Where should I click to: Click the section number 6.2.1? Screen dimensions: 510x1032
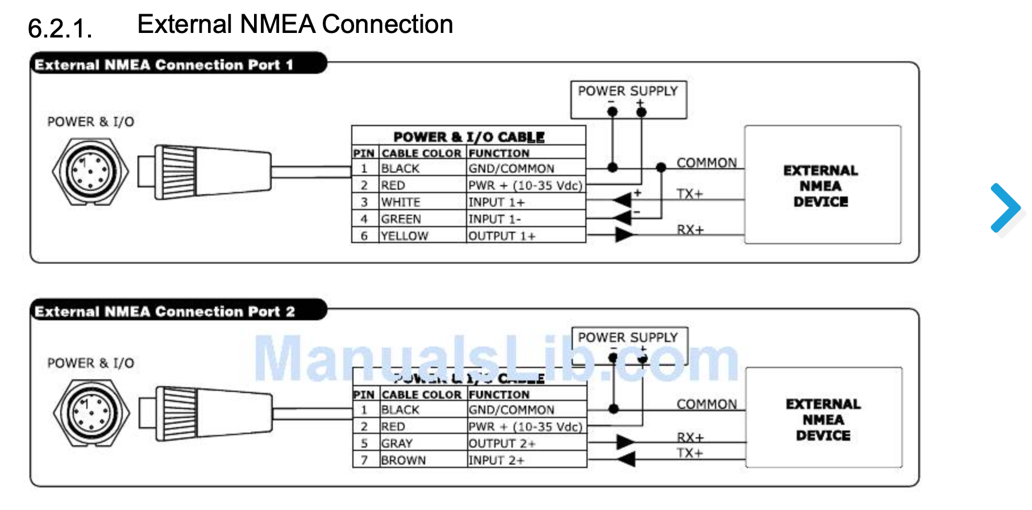[x=60, y=28]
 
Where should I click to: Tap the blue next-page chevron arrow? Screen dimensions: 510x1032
[x=1005, y=208]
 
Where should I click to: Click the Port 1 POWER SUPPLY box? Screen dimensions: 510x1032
[x=628, y=99]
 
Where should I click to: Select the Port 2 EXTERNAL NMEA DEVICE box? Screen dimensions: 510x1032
[x=823, y=418]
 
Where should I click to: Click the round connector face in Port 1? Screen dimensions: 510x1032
[x=90, y=170]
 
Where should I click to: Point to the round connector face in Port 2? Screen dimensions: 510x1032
[x=91, y=412]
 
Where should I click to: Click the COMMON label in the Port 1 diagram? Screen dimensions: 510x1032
[x=706, y=163]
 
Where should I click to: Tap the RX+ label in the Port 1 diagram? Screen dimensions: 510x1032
[x=690, y=229]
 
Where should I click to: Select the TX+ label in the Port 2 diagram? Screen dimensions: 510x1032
[x=690, y=453]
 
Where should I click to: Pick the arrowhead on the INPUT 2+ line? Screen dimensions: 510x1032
[x=626, y=458]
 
